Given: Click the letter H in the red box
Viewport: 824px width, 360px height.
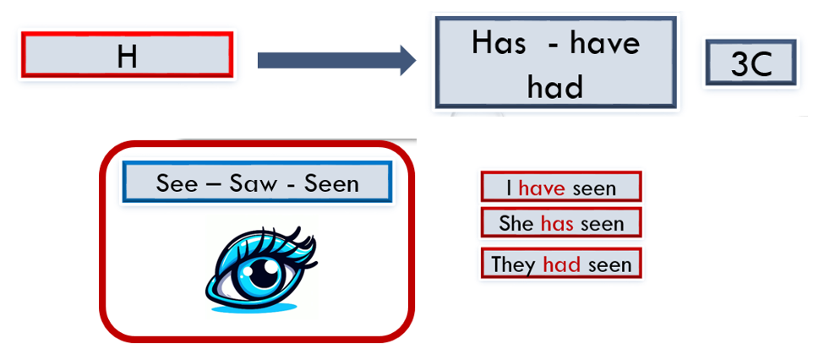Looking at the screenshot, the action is point(127,56).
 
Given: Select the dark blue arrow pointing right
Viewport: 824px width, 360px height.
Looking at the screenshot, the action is point(336,61).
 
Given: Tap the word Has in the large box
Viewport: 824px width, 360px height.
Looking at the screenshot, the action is point(499,43).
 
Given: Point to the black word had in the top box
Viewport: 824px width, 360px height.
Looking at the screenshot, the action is point(555,87).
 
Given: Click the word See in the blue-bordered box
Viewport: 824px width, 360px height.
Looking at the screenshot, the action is point(175,183).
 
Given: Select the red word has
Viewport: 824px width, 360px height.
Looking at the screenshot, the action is point(557,225).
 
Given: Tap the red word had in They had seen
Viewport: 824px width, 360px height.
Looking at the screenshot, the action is point(562,265).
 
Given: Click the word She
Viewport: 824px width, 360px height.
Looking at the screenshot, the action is point(517,225).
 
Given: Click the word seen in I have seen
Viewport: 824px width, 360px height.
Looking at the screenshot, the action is point(593,189).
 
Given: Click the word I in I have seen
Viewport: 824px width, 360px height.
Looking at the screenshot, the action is point(510,188).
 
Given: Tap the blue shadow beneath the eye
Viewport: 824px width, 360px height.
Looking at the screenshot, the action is point(255,308).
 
